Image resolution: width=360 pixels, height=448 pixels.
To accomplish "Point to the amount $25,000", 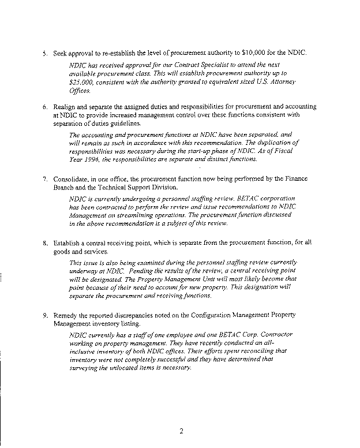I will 79,83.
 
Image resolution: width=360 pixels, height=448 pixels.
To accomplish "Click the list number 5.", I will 45,53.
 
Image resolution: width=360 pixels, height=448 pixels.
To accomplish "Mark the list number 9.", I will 45,316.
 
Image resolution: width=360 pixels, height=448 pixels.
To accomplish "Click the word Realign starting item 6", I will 66,107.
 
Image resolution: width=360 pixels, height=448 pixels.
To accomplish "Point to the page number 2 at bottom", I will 181,430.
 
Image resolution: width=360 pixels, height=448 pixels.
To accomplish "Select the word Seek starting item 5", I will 61,53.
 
